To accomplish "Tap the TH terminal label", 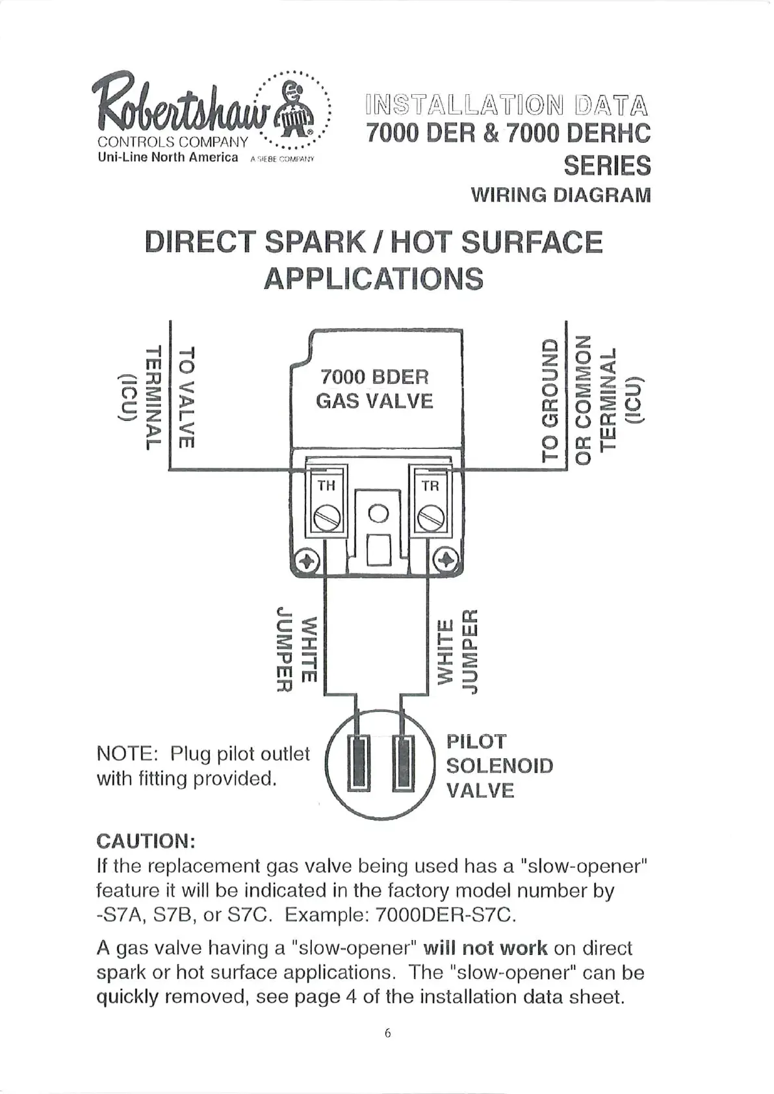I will tap(326, 486).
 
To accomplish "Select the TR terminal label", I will tap(430, 486).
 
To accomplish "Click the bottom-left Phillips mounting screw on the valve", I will tap(307, 561).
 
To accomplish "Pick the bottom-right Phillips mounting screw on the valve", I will tap(447, 561).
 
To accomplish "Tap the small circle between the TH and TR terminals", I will tap(378, 515).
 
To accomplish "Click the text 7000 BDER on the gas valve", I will tap(375, 377).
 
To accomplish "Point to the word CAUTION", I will tap(146, 841).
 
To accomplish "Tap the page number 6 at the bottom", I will tap(388, 1034).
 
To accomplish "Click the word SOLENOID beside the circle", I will tap(499, 766).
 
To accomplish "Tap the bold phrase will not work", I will tap(485, 948).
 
